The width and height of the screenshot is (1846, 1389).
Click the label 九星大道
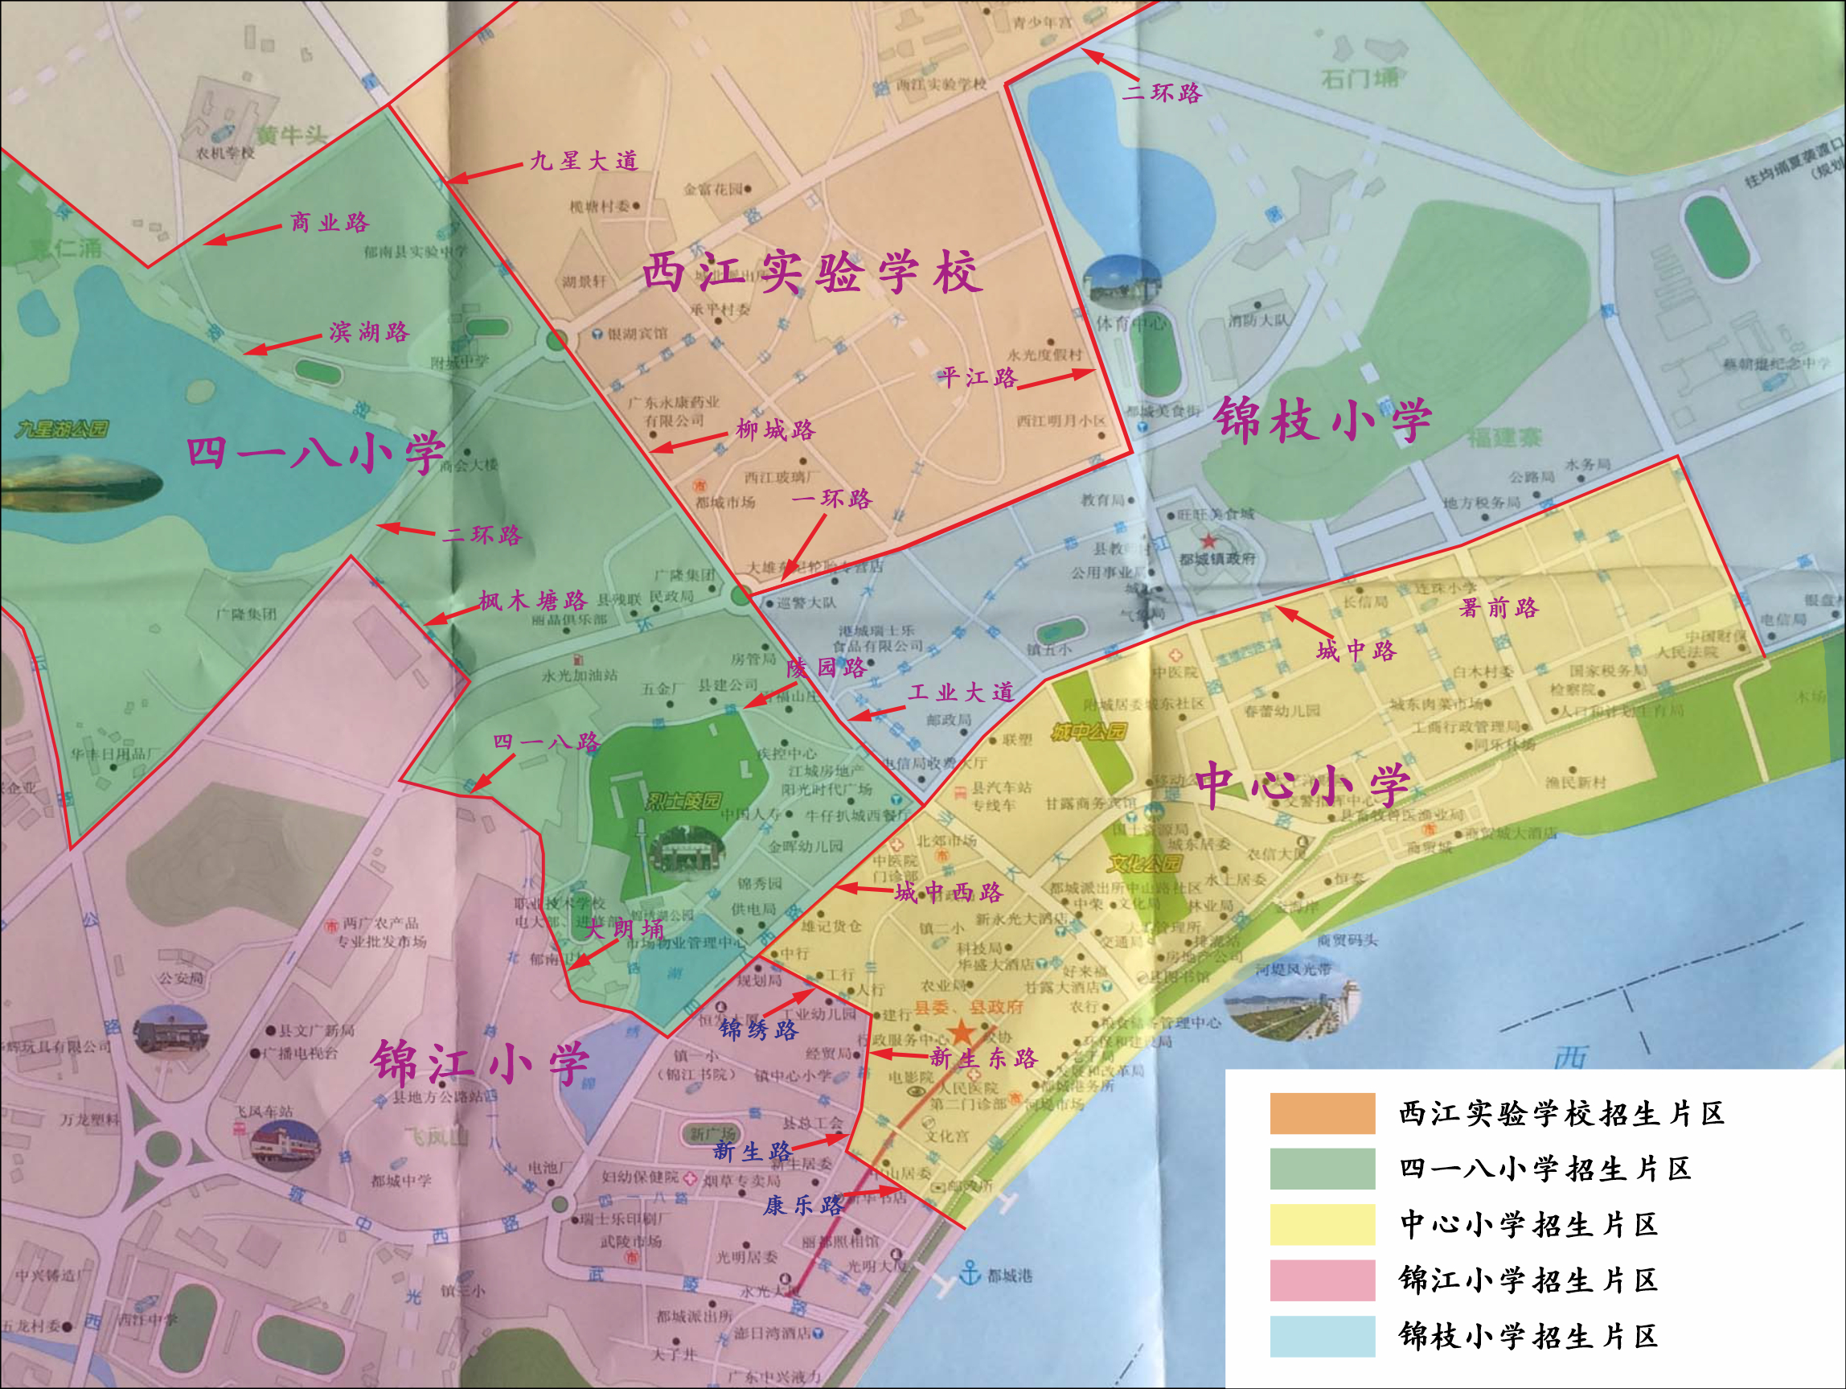pos(584,160)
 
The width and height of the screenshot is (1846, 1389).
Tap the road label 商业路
pos(329,223)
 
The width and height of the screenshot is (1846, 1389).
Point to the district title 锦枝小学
pos(1322,420)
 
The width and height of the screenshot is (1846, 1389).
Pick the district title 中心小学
pos(1302,786)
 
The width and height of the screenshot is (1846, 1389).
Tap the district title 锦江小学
pos(481,1062)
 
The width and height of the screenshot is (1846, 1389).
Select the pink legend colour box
pos(1322,1280)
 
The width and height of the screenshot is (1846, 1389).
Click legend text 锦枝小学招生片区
pos(1527,1336)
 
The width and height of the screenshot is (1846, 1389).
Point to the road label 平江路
pos(977,378)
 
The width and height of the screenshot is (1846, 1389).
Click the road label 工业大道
pos(961,692)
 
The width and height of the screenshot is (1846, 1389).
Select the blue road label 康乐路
pos(803,1206)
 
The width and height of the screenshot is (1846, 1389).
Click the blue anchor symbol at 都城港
pos(969,1273)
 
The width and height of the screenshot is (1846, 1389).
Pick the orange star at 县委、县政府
pos(962,1032)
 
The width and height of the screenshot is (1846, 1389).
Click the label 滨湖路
pos(369,332)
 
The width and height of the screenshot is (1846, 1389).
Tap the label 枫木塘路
pos(532,601)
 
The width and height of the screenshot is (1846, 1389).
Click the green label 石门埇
pos(1360,79)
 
